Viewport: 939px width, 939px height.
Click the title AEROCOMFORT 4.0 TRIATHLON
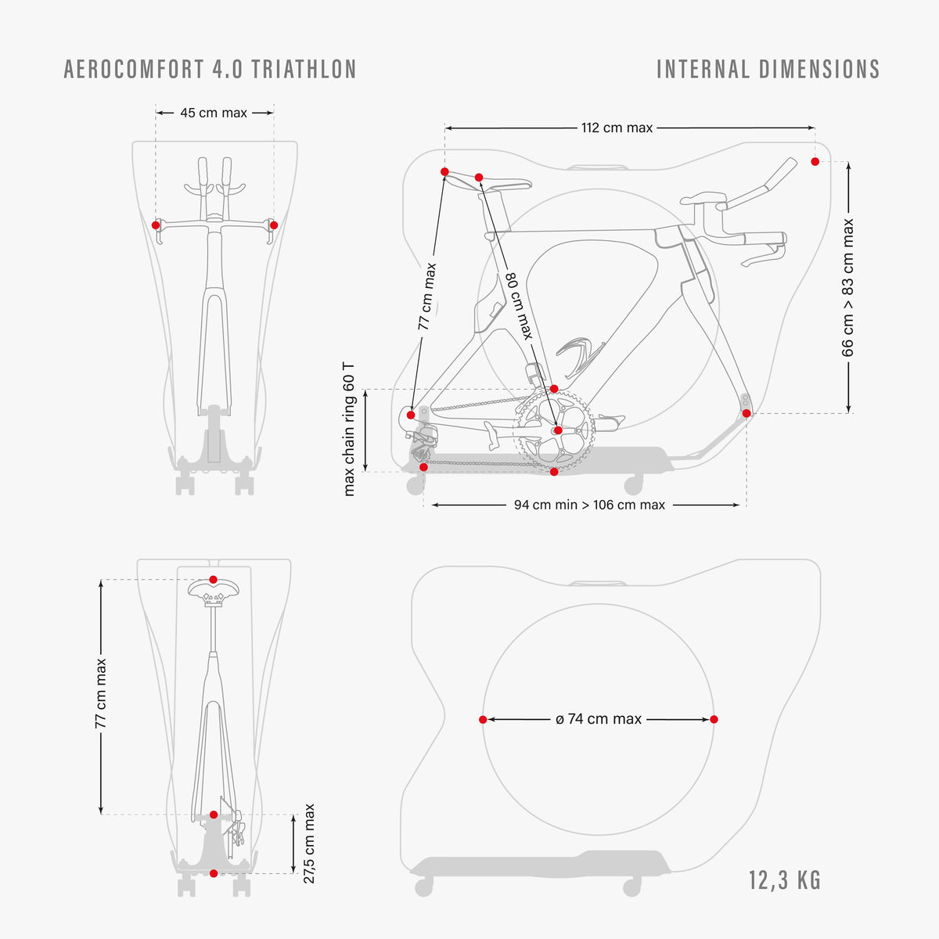[210, 69]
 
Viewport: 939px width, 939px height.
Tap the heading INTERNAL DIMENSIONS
[768, 69]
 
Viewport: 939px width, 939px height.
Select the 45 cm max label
[214, 113]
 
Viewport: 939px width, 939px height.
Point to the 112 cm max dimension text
[617, 128]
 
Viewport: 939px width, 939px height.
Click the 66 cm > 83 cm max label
[848, 287]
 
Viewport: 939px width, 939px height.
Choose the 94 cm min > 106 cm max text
[589, 505]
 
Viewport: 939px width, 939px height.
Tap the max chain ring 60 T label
[349, 430]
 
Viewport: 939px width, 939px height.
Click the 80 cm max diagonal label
[520, 305]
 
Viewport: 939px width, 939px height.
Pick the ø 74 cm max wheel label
[599, 719]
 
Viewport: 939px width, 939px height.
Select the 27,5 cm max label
[309, 844]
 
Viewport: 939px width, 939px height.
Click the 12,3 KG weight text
[785, 880]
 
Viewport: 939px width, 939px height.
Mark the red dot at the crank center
[559, 430]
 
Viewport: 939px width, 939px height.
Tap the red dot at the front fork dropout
[747, 414]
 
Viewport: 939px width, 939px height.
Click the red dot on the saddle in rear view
[213, 579]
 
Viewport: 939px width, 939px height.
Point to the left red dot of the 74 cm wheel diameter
[483, 720]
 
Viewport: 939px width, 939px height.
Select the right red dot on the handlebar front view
[274, 225]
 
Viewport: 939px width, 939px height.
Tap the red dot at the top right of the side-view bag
[815, 161]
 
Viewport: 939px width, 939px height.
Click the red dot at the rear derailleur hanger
[411, 416]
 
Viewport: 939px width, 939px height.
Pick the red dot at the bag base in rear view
[214, 873]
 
